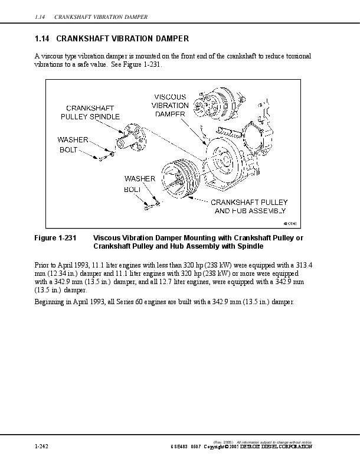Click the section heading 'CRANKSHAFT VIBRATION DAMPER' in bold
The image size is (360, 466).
point(122,39)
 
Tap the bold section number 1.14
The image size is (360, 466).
point(42,39)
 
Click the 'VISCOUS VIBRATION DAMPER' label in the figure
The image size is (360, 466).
point(170,105)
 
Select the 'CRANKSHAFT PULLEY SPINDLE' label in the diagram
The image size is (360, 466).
point(90,112)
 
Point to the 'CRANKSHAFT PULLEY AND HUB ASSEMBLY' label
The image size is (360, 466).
point(250,206)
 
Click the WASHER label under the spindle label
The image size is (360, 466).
point(73,140)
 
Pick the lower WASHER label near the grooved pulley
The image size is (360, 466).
point(140,178)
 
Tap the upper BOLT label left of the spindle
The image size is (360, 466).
point(68,150)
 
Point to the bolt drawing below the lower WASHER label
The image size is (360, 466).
point(150,204)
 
